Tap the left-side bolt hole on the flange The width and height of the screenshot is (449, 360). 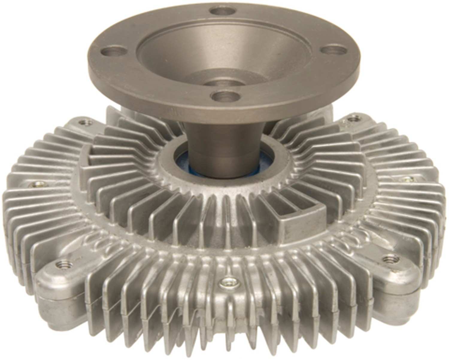(x=110, y=52)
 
